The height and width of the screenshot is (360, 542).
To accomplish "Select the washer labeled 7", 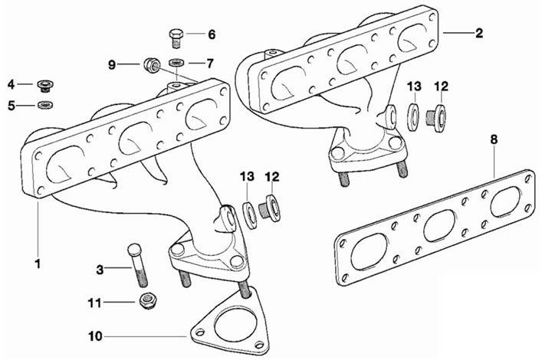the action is [x=176, y=63].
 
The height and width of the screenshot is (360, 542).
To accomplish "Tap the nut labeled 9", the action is [x=152, y=64].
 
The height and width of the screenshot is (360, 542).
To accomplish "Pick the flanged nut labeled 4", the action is [x=45, y=85].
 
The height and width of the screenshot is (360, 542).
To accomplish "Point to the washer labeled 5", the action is [x=45, y=104].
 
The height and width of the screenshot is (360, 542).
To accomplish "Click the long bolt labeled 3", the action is [x=137, y=265].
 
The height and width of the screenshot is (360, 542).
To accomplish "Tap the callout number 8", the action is [x=494, y=140].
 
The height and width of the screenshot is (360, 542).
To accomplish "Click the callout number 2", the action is [x=479, y=33].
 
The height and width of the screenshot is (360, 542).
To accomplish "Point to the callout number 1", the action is [x=38, y=263].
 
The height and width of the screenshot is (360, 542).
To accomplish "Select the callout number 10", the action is [x=95, y=335].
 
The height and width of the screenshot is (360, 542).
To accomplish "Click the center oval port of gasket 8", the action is [x=439, y=225].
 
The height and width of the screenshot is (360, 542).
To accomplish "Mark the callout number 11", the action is [x=94, y=303].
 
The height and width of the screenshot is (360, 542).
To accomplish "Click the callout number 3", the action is [x=100, y=270].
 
